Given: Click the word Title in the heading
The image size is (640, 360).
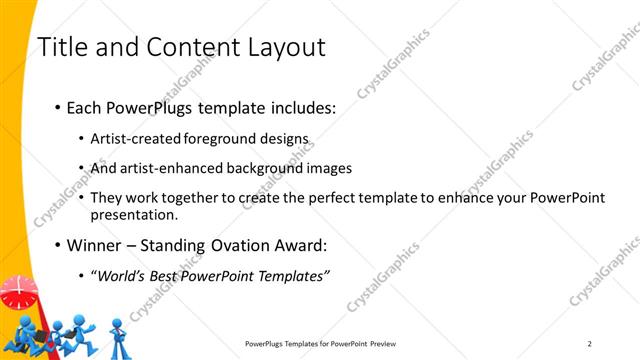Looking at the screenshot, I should [60, 47].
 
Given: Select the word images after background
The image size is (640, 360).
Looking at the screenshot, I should [315, 168].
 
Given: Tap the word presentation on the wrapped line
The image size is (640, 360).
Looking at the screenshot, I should [134, 214].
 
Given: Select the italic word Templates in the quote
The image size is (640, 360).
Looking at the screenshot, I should [291, 275].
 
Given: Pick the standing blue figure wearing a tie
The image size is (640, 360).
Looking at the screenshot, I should [117, 335].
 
